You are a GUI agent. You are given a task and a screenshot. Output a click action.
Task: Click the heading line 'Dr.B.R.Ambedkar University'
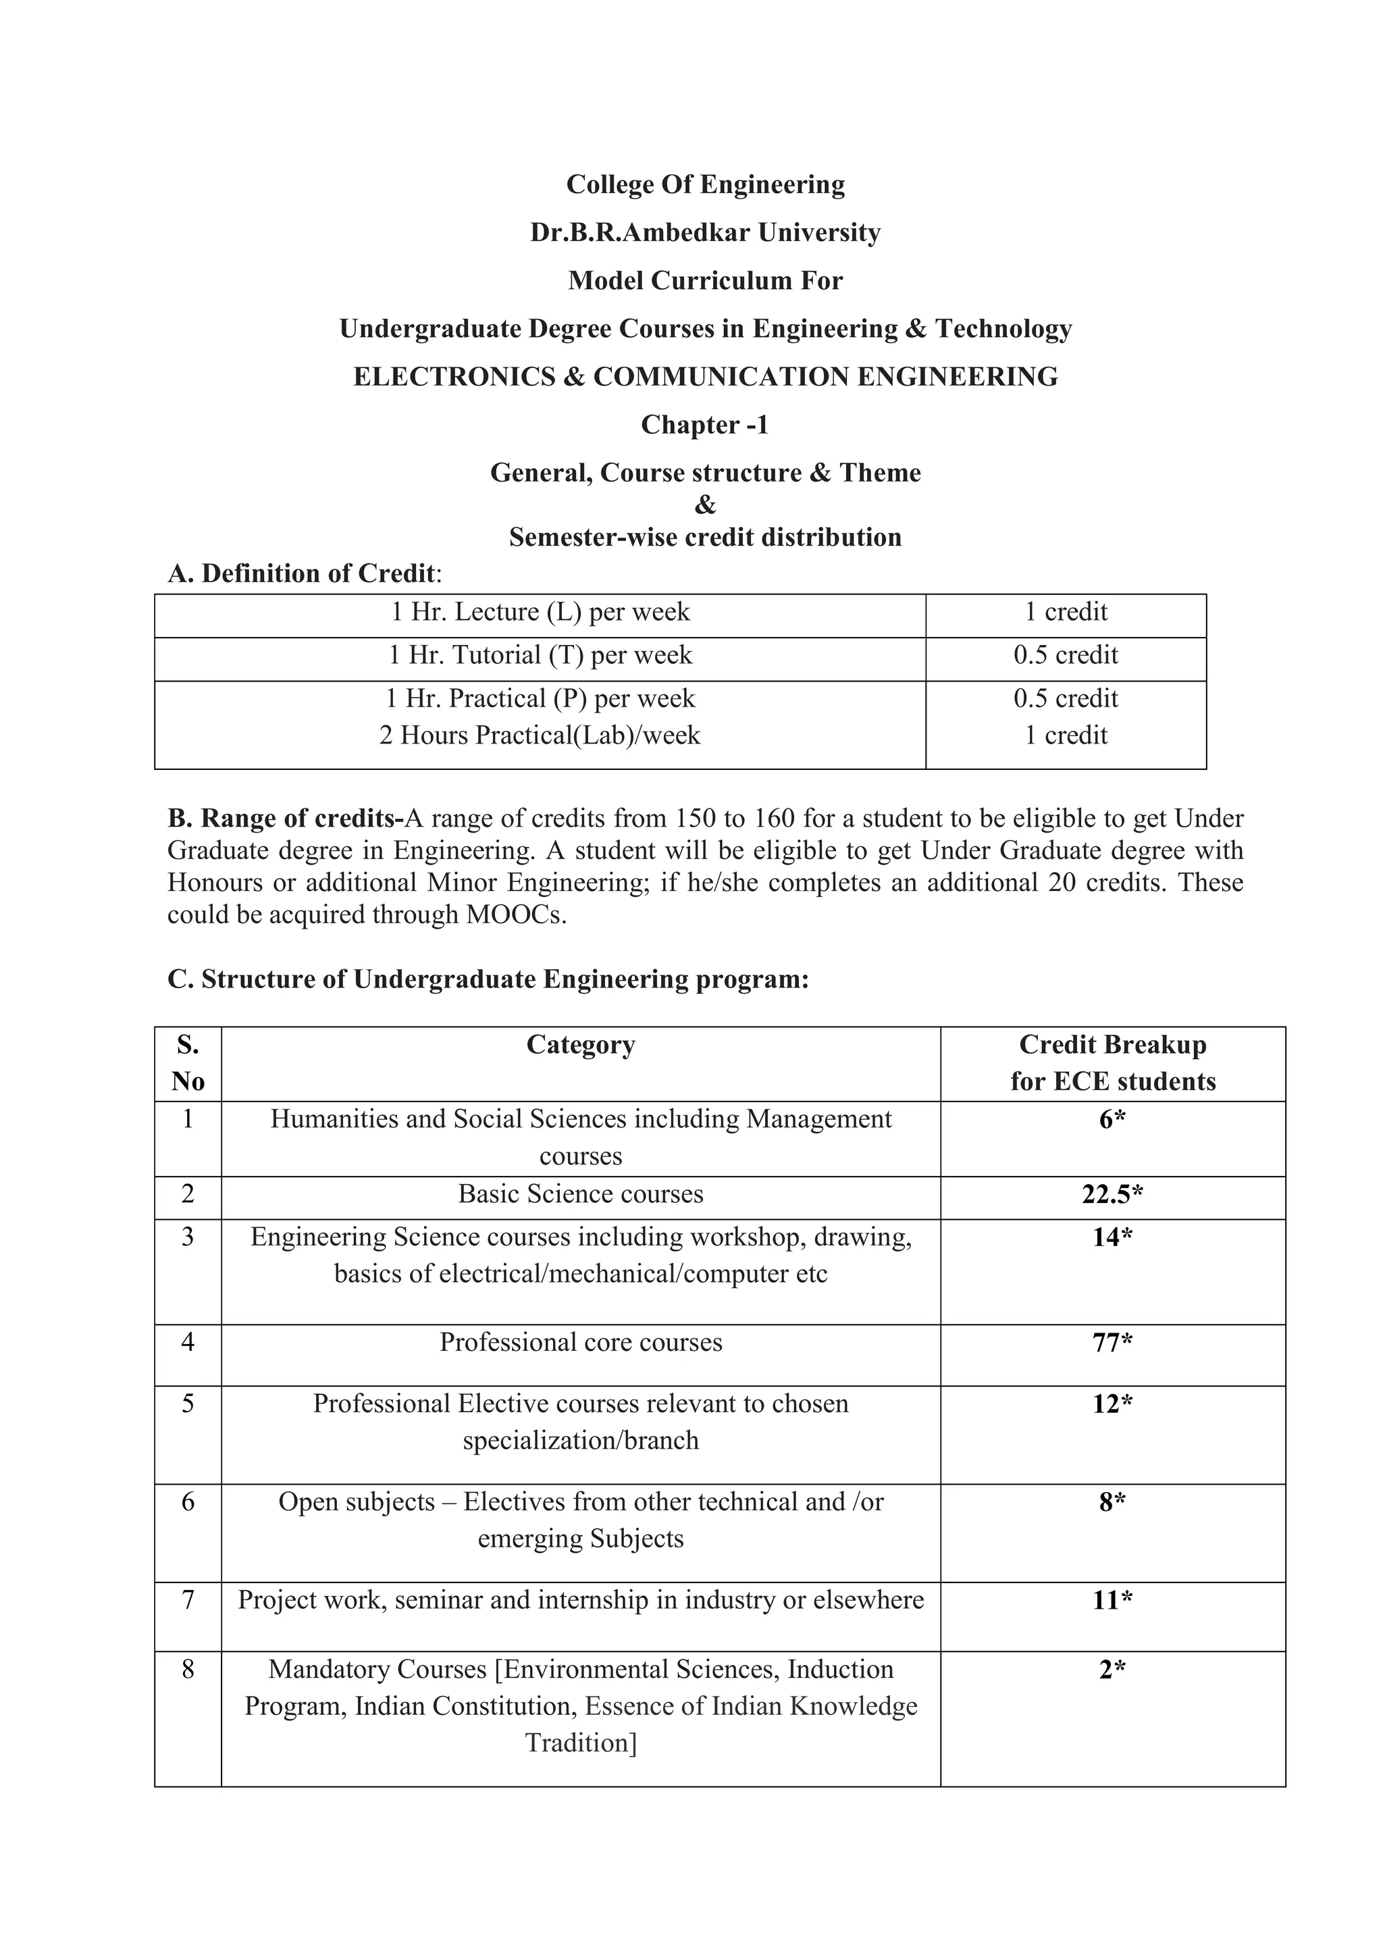click(704, 232)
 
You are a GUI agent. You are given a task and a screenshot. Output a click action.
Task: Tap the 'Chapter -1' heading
click(704, 424)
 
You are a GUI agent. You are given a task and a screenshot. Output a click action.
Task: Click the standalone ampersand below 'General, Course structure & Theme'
click(704, 505)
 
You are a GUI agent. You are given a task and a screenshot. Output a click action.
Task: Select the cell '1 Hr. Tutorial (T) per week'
click(540, 655)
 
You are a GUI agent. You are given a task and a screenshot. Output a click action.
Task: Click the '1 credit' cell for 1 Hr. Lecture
click(1066, 612)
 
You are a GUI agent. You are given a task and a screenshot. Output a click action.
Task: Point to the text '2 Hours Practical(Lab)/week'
click(540, 736)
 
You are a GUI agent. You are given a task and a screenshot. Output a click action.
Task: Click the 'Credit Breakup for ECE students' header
click(1112, 1063)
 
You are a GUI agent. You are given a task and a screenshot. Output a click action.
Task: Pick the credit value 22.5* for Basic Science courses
click(1112, 1194)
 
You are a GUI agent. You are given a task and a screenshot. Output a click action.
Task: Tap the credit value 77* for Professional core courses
click(1112, 1343)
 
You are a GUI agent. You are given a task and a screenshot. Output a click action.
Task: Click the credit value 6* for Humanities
click(1112, 1119)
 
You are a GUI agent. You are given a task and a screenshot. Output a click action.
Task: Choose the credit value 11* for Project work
click(1112, 1601)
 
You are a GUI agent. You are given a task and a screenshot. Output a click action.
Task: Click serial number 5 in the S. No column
click(188, 1404)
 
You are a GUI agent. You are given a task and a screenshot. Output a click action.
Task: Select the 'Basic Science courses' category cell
click(581, 1194)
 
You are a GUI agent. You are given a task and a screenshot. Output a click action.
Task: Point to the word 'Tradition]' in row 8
click(581, 1743)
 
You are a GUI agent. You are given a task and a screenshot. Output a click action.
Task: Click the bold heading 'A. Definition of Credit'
click(303, 573)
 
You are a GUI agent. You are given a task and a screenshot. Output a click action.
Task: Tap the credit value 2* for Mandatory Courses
click(1112, 1670)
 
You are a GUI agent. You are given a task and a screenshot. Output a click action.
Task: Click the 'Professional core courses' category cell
click(581, 1343)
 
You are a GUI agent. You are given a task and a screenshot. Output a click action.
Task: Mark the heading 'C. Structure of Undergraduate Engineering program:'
click(488, 980)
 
